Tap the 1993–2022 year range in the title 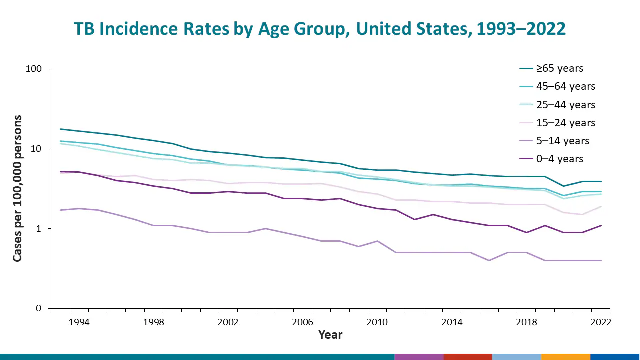[x=521, y=29]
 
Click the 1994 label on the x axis [x=79, y=322]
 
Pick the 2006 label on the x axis [x=303, y=322]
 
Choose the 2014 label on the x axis [x=452, y=322]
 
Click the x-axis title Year [x=330, y=335]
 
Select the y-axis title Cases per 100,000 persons [x=18, y=189]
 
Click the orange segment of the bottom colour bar [x=565, y=356]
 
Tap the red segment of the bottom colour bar [x=468, y=356]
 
